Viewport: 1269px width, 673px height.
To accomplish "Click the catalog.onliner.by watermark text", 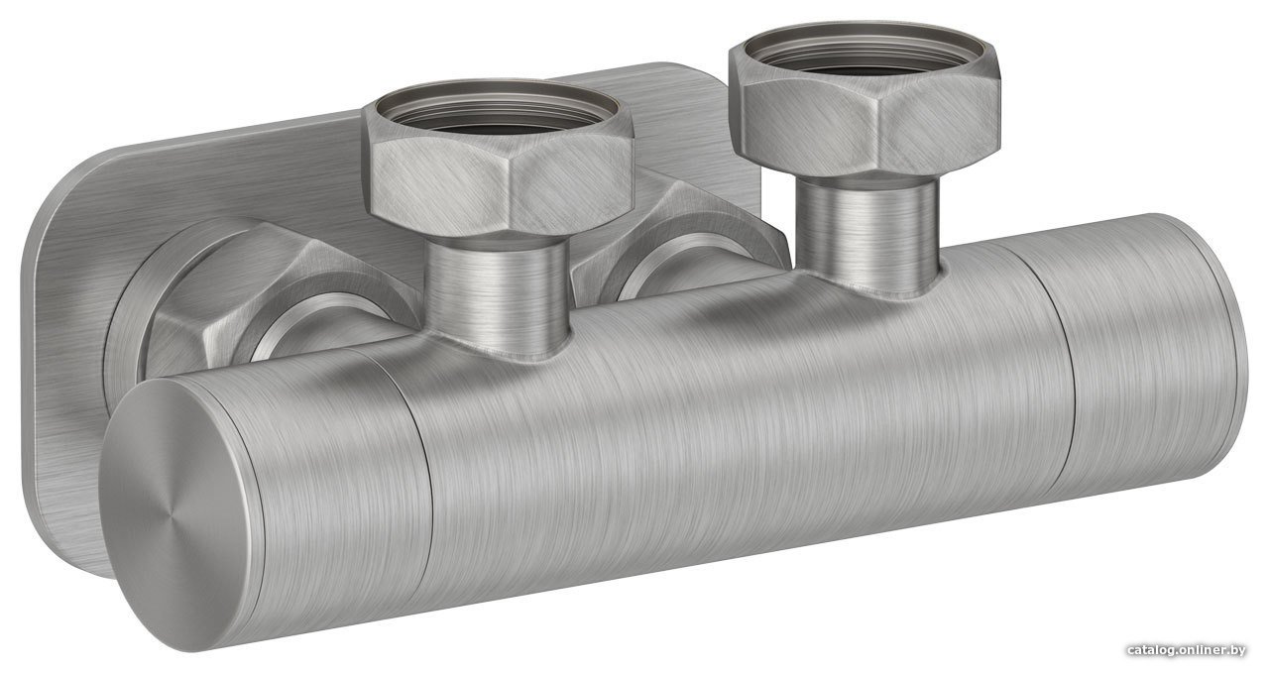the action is coord(1187,650).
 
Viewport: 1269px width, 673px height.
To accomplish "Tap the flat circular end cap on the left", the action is coord(173,508).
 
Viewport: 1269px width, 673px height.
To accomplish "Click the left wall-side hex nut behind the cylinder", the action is coord(272,300).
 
